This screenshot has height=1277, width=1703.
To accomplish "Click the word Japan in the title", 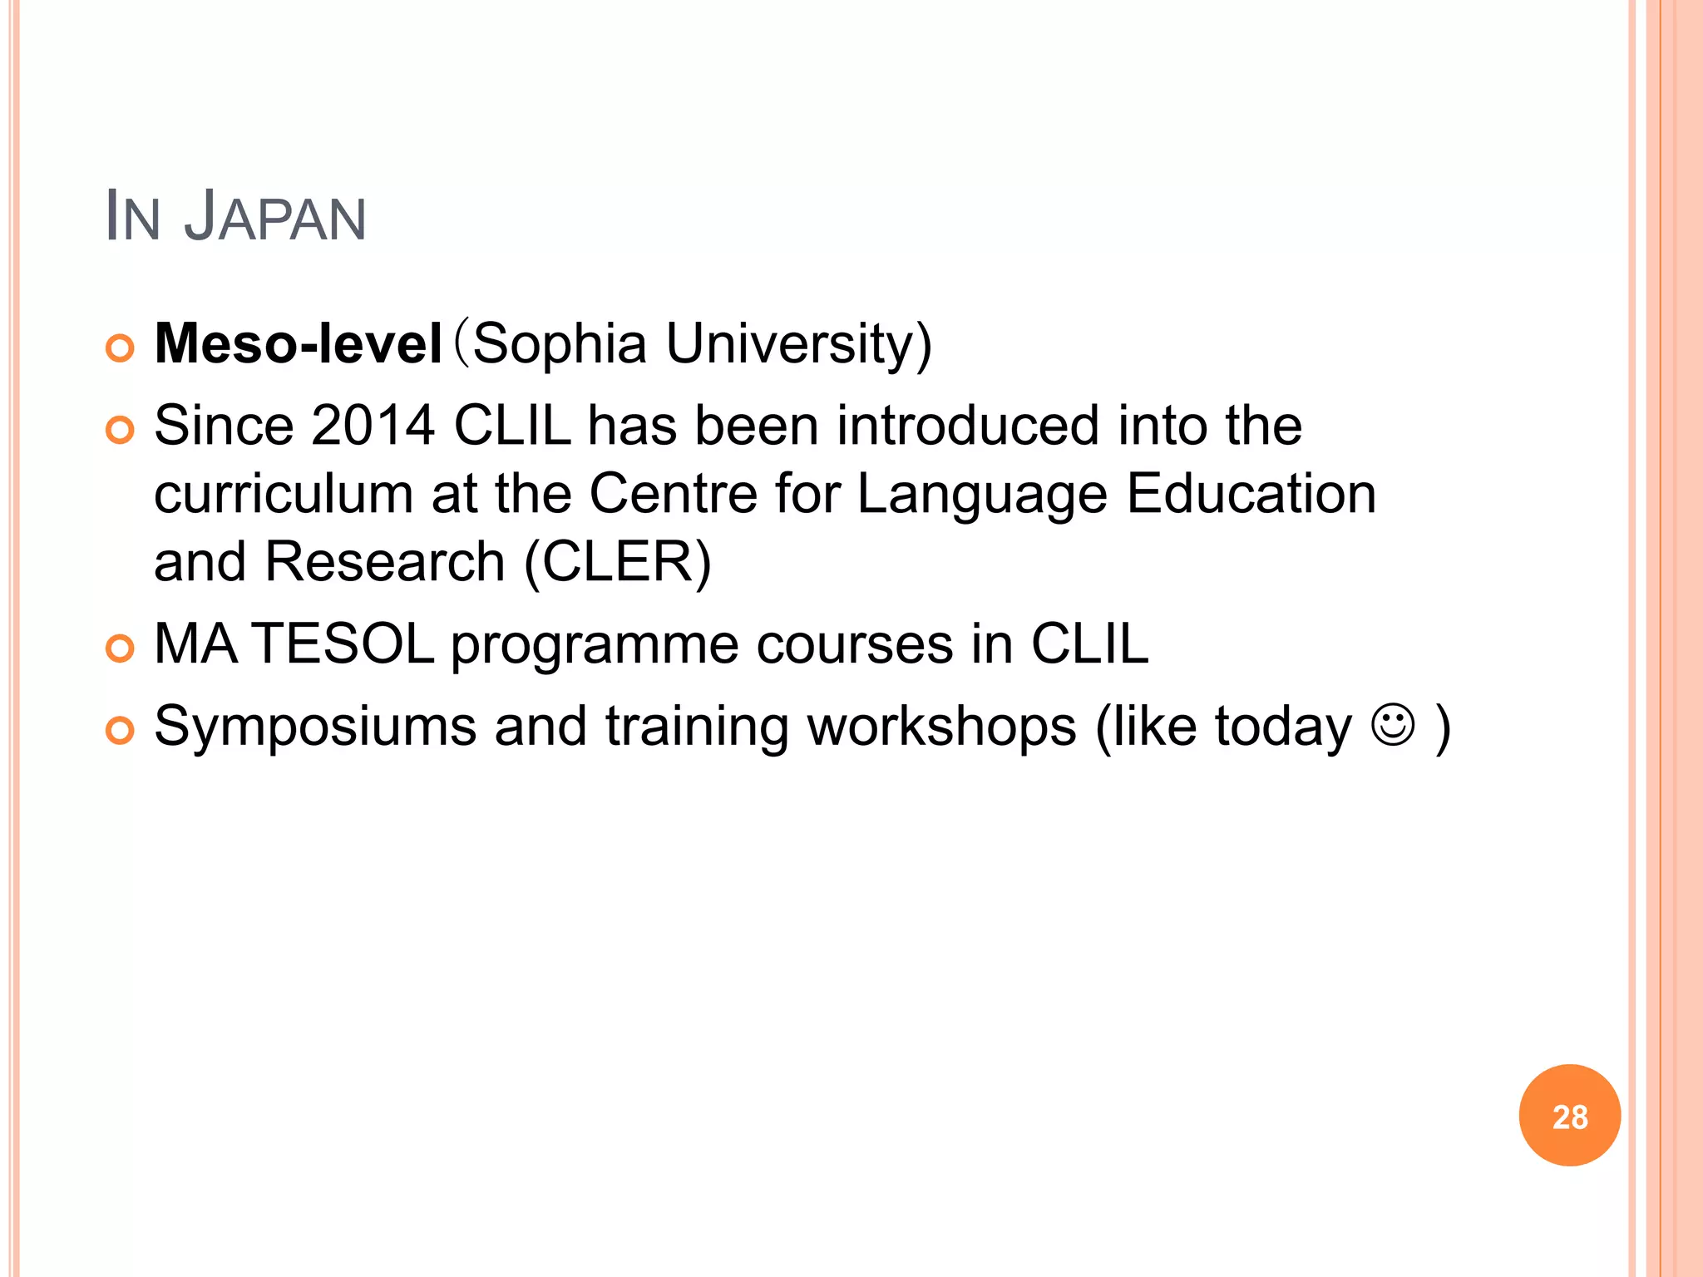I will click(x=274, y=218).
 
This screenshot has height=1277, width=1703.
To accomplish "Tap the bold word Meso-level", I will click(x=298, y=343).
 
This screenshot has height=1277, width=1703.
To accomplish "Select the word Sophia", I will click(x=560, y=343).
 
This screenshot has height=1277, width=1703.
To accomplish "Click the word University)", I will click(x=799, y=343).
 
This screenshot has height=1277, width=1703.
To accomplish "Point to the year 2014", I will click(x=373, y=426).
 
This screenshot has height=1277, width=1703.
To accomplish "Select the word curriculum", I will click(x=284, y=494).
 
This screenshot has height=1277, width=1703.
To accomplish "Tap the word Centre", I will click(x=673, y=494).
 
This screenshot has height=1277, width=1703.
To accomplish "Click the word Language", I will click(x=982, y=494).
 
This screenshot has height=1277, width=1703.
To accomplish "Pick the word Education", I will click(x=1251, y=494).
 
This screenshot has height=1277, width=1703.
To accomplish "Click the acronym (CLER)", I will click(x=618, y=562).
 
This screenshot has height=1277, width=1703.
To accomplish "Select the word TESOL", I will click(x=343, y=644).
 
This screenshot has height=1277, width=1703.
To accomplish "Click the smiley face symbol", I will click(x=1393, y=725).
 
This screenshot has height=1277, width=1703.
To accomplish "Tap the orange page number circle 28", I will click(x=1569, y=1116).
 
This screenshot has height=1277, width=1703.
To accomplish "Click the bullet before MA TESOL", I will click(x=121, y=648).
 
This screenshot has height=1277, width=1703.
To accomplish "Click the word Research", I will click(x=385, y=562).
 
